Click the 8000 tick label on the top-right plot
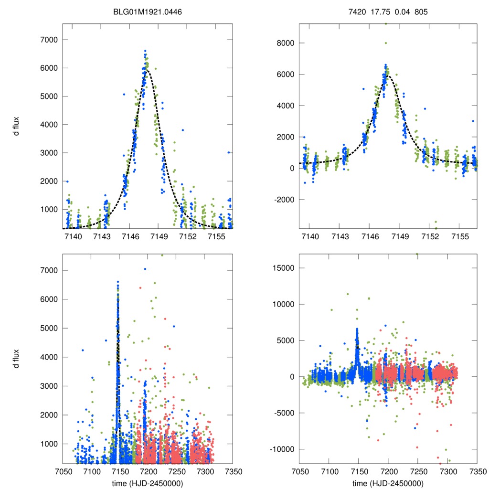(x=285, y=43)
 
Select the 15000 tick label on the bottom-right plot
(x=283, y=267)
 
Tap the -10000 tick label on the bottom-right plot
(x=282, y=449)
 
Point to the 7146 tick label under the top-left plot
(x=130, y=236)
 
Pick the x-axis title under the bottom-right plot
(x=388, y=482)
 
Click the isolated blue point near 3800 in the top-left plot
(x=182, y=130)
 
